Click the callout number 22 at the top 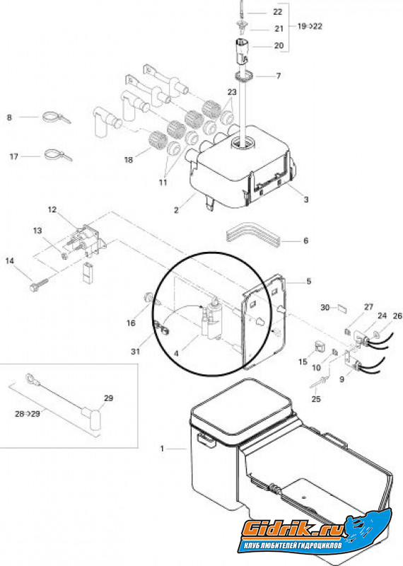coord(277,12)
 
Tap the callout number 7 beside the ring coord(278,76)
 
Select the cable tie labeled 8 coord(57,117)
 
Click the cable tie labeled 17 coord(58,155)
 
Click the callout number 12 coord(52,209)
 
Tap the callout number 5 coord(309,281)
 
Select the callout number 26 coord(397,316)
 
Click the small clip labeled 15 coord(320,347)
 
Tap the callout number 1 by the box coord(162,449)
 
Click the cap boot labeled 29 coord(93,419)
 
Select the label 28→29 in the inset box coord(28,414)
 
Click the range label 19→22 coord(310,26)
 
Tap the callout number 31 coord(135,351)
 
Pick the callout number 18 coord(129,160)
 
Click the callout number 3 coord(306,200)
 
